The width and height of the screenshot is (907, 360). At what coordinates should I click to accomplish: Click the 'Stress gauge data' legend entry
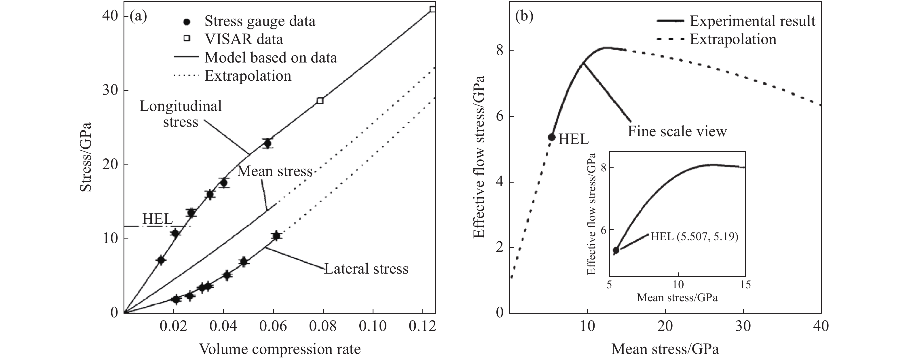click(260, 22)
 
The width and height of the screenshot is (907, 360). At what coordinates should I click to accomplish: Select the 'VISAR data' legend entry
click(244, 39)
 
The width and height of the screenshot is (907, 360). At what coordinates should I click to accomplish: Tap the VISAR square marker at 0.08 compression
click(320, 101)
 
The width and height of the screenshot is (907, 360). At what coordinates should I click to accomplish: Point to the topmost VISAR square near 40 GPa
click(433, 9)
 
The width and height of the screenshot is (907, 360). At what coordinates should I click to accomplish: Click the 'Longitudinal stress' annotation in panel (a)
click(181, 114)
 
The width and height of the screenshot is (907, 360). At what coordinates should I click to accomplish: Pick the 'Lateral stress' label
click(366, 269)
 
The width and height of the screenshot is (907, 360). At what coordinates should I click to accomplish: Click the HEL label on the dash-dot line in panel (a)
click(158, 219)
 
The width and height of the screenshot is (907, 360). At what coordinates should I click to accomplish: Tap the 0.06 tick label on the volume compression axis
click(273, 327)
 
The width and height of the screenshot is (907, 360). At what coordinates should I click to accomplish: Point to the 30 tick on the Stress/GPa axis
click(110, 90)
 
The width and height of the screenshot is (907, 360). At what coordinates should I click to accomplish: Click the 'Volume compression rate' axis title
click(280, 349)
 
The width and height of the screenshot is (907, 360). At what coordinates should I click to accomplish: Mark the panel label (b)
click(524, 16)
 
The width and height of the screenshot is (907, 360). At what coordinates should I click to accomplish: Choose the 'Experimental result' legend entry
click(752, 21)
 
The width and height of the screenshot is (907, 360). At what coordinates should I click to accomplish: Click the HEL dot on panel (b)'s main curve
click(552, 137)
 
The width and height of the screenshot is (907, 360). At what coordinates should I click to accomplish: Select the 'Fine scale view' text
click(677, 132)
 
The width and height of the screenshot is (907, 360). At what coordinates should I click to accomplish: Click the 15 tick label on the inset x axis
click(745, 285)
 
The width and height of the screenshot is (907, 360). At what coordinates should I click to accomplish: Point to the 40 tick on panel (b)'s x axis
click(821, 327)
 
